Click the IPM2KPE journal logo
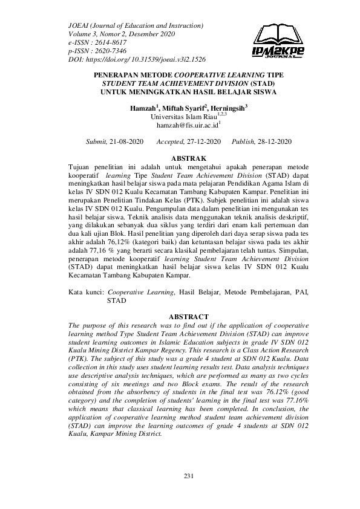pyautogui.click(x=278, y=42)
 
